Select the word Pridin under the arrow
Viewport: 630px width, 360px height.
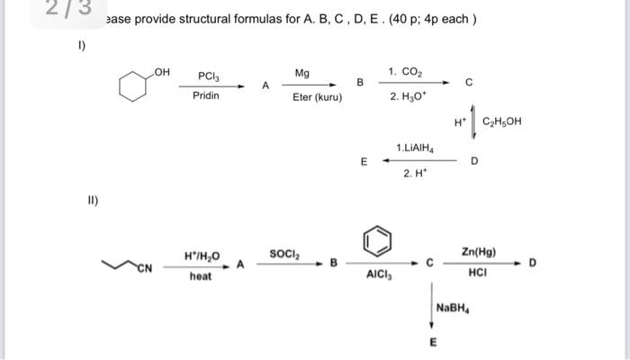coord(206,95)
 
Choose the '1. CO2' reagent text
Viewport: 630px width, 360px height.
coord(404,71)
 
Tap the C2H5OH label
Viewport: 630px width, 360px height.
coord(501,121)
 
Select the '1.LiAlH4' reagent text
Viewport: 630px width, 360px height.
coord(416,147)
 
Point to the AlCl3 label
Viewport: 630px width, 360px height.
coord(378,277)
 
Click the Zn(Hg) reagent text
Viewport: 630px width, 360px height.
coord(478,253)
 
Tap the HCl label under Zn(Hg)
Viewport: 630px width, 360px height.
coord(477,275)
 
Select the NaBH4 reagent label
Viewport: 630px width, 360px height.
coord(453,308)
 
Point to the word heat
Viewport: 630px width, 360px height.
coord(201,276)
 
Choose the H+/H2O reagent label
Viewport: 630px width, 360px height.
coord(202,255)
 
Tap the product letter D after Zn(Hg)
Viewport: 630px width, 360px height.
coord(532,263)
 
